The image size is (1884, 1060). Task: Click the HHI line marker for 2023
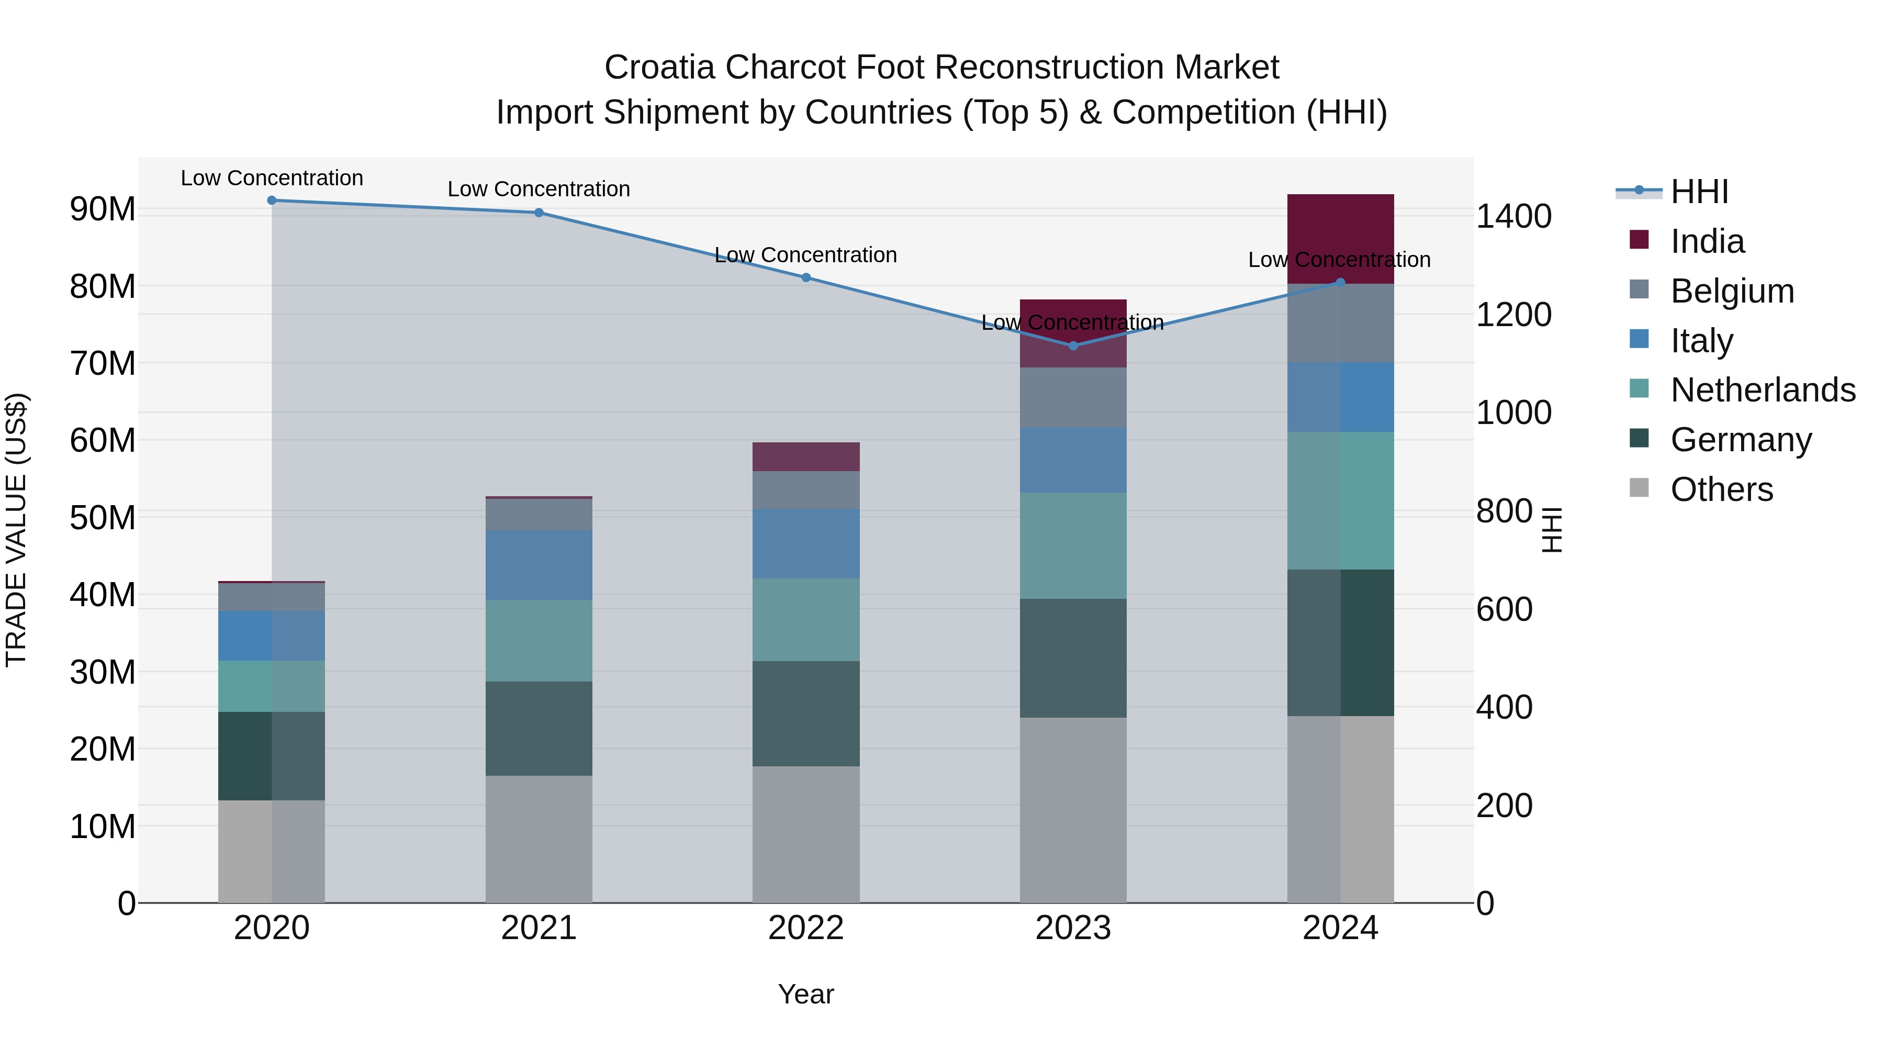pyautogui.click(x=1073, y=345)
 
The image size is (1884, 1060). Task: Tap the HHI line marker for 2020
pyautogui.click(x=271, y=200)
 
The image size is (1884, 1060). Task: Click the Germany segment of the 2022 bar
pyautogui.click(x=806, y=713)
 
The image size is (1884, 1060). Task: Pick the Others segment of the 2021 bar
pyautogui.click(x=539, y=839)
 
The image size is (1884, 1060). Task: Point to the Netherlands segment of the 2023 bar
pyautogui.click(x=1073, y=546)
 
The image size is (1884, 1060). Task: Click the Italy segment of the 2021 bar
pyautogui.click(x=539, y=565)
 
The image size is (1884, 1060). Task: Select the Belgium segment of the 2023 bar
pyautogui.click(x=1073, y=397)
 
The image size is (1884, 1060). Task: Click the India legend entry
pyautogui.click(x=1707, y=241)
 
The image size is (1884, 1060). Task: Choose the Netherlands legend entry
pyautogui.click(x=1763, y=390)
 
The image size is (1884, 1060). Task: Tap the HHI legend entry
pyautogui.click(x=1699, y=192)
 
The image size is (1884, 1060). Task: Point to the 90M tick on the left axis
pyautogui.click(x=103, y=209)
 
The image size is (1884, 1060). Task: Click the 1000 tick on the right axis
pyautogui.click(x=1513, y=412)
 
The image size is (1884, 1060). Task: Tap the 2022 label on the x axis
pyautogui.click(x=806, y=928)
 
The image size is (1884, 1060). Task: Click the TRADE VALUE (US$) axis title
pyautogui.click(x=16, y=530)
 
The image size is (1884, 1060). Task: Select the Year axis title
pyautogui.click(x=806, y=994)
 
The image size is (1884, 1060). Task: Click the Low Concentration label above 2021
pyautogui.click(x=539, y=189)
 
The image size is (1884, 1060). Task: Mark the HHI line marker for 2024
pyautogui.click(x=1340, y=282)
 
